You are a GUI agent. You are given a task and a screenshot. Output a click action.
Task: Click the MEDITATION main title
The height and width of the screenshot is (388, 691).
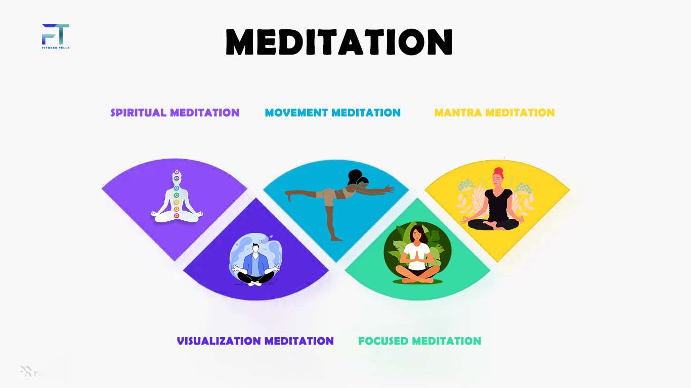339,42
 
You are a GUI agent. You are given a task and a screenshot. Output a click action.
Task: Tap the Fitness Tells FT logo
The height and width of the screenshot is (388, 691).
56,36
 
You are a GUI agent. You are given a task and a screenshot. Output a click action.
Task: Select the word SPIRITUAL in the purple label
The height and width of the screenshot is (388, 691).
139,113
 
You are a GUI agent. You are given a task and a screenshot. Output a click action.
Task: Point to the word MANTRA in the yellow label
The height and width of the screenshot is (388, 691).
458,113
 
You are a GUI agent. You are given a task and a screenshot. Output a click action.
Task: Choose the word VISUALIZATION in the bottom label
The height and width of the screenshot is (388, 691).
219,341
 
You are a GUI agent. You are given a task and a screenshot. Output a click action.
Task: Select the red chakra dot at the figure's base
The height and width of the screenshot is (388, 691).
177,216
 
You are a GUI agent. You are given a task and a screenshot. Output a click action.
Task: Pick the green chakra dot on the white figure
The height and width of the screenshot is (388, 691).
177,195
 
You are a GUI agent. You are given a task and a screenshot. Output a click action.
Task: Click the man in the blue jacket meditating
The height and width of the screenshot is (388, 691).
256,265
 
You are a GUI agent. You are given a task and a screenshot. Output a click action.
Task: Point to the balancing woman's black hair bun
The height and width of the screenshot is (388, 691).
355,176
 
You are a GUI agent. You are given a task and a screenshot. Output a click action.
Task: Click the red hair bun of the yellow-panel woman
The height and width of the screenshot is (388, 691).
498,171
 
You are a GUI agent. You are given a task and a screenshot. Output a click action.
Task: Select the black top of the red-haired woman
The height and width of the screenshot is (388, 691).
498,204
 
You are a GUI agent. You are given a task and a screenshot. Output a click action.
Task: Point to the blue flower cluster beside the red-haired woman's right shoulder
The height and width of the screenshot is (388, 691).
466,185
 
